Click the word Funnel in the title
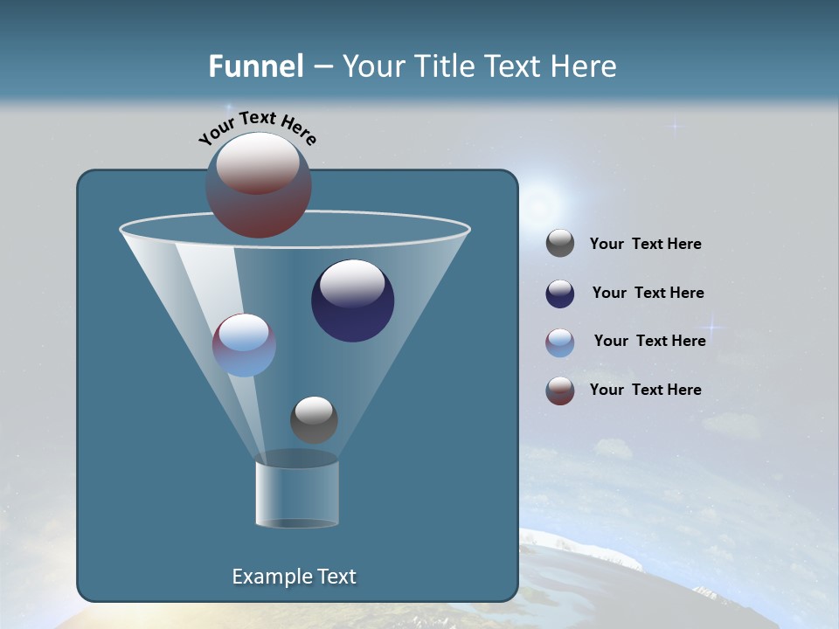tap(256, 66)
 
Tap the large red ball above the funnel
tap(258, 184)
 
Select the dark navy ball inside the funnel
tap(352, 301)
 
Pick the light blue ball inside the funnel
tap(244, 345)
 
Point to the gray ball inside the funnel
tap(314, 419)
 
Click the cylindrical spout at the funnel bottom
tap(296, 494)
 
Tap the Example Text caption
tap(294, 577)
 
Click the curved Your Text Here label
tap(258, 128)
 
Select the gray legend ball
tap(560, 244)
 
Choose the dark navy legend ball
tap(560, 294)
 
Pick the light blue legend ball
tap(560, 342)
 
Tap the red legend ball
tap(560, 391)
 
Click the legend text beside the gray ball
tap(645, 245)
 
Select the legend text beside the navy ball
tap(648, 294)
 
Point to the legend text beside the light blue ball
tap(649, 342)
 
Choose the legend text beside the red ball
tap(645, 391)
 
